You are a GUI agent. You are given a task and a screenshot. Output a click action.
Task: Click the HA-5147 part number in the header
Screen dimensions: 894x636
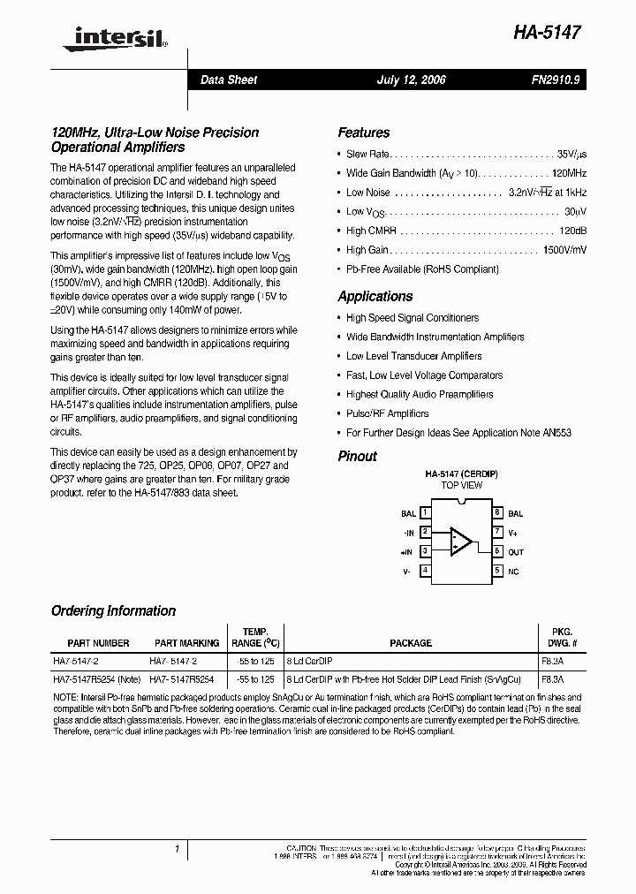pos(548,33)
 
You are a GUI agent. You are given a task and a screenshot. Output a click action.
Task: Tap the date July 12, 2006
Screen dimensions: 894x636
pos(411,80)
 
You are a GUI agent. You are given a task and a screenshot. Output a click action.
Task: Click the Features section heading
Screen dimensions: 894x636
pos(363,133)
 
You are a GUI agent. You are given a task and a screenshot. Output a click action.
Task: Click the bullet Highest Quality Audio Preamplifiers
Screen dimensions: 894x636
pos(420,395)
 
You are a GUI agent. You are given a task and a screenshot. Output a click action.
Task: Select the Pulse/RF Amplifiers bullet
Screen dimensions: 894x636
pos(387,413)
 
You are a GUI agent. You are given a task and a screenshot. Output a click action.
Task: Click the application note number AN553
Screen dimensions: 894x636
pos(556,433)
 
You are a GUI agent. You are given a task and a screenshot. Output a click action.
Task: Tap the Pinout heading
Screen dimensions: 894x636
pos(357,457)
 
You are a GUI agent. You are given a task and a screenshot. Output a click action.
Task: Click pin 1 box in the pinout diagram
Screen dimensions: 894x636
pos(426,512)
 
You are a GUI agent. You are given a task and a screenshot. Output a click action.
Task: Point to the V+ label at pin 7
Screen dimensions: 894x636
pos(513,532)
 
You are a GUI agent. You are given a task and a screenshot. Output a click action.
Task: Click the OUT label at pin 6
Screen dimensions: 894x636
pos(516,551)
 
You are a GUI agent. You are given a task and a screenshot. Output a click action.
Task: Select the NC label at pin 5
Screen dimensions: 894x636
pos(513,571)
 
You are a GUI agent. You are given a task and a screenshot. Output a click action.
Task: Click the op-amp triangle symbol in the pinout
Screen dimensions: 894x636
pos(460,541)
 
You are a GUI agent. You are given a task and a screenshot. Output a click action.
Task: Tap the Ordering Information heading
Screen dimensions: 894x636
pos(113,611)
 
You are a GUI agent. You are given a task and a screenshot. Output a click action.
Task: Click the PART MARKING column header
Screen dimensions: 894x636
pos(186,643)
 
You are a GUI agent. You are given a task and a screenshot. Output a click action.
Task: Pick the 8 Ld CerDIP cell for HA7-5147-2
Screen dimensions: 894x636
pos(309,661)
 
